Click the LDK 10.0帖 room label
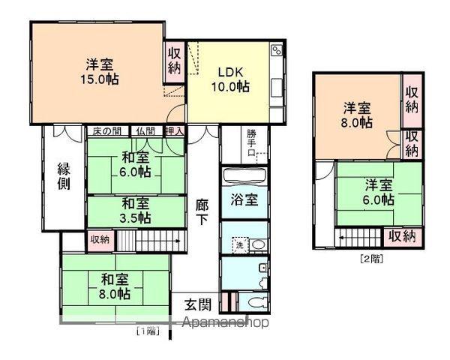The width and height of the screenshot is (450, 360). (230, 79)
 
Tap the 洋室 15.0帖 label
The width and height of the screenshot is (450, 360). (100, 71)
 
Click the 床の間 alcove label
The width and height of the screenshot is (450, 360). (106, 131)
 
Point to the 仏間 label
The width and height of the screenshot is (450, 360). (145, 131)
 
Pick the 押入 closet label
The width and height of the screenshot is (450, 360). (175, 131)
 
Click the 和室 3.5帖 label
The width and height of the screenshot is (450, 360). (136, 211)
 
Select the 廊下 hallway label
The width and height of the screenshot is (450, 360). (202, 212)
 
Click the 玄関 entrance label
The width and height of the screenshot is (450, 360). (198, 304)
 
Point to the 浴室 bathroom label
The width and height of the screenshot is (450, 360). (244, 199)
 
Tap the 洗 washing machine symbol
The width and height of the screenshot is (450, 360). (240, 245)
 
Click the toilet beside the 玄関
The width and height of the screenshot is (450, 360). (256, 302)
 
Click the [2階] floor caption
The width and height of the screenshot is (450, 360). (372, 259)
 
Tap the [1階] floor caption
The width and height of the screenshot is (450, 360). (148, 331)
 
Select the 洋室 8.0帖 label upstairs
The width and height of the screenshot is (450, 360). (357, 115)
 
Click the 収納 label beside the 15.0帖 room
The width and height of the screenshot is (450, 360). (174, 61)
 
